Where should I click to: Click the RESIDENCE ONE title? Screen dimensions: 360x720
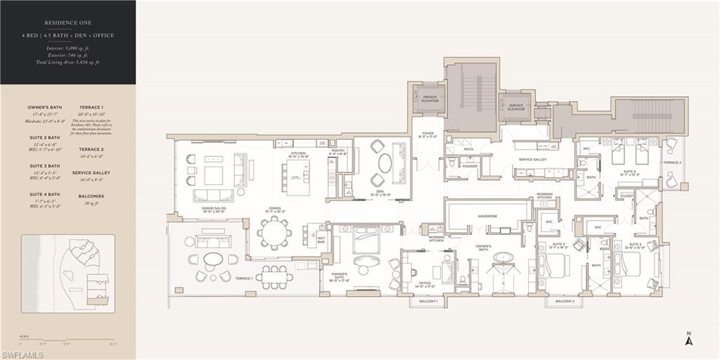pyautogui.click(x=67, y=22)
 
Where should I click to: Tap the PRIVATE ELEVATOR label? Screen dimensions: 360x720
pyautogui.click(x=430, y=98)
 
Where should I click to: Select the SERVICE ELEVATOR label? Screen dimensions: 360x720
pyautogui.click(x=515, y=107)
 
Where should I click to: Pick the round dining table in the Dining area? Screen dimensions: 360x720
pyautogui.click(x=274, y=232)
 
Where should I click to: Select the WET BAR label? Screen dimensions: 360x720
pyautogui.click(x=321, y=240)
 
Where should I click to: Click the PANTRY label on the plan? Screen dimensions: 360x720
pyautogui.click(x=339, y=151)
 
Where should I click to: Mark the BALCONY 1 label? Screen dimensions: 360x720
pyautogui.click(x=428, y=301)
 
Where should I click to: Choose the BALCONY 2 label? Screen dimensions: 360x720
pyautogui.click(x=565, y=301)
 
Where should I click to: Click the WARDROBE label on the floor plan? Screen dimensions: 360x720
pyautogui.click(x=487, y=216)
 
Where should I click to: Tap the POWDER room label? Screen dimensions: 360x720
pyautogui.click(x=470, y=167)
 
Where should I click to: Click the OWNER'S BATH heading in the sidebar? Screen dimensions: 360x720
pyautogui.click(x=44, y=108)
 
